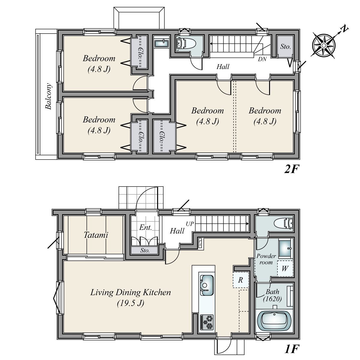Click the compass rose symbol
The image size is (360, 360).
point(324,45)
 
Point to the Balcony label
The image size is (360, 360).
point(49,96)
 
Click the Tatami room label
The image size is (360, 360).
point(96,235)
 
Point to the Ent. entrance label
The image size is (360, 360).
point(145,227)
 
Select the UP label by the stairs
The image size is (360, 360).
point(190,224)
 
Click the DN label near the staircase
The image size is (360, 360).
point(262,59)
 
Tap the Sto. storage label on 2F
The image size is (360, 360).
point(285,46)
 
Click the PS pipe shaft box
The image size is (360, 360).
point(200,243)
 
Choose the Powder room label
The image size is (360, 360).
point(266,259)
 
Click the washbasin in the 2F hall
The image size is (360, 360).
point(162,43)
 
